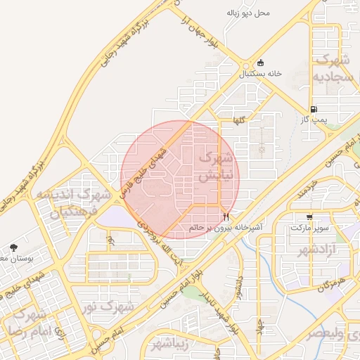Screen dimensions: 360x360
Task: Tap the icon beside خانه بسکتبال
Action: tap(261, 63)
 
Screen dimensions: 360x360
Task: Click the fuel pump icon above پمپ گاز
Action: tap(313, 109)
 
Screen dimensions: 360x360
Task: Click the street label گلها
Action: tap(240, 121)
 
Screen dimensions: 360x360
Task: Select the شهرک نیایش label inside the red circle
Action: tap(214, 167)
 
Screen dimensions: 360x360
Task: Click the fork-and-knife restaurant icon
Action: tap(226, 217)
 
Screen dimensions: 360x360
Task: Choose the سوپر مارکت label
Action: tap(309, 228)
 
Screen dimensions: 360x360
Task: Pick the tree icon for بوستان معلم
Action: tap(13, 247)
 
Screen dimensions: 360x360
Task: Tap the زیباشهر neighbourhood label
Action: tap(172, 344)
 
